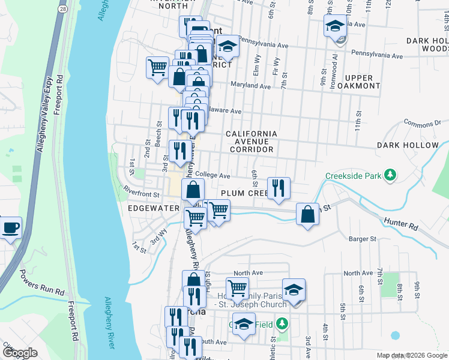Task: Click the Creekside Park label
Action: pyautogui.click(x=353, y=176)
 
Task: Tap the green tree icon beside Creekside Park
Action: pyautogui.click(x=391, y=175)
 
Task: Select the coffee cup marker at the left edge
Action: pyautogui.click(x=10, y=229)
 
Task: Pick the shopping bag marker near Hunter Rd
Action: pyautogui.click(x=307, y=214)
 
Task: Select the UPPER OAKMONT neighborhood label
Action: pyautogui.click(x=362, y=82)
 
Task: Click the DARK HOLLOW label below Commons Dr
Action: pyautogui.click(x=408, y=145)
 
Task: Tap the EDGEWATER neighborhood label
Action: pyautogui.click(x=154, y=208)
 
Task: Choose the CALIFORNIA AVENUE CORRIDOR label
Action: pyautogui.click(x=252, y=142)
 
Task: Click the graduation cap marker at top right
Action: pyautogui.click(x=335, y=26)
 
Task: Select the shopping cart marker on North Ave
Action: pyautogui.click(x=237, y=288)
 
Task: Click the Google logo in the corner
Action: pyautogui.click(x=20, y=353)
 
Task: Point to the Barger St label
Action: pyautogui.click(x=362, y=238)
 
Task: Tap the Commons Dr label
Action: pyautogui.click(x=418, y=124)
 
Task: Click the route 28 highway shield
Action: pyautogui.click(x=62, y=10)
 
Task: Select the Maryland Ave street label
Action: pyautogui.click(x=250, y=86)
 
